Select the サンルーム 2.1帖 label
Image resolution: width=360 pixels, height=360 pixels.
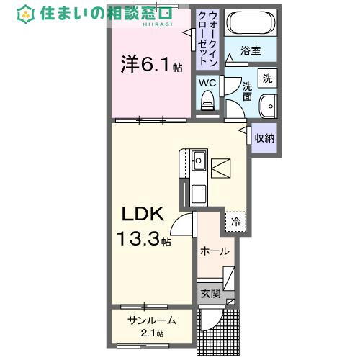pos(151,325)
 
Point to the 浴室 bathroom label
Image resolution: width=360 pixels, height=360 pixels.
pos(250,52)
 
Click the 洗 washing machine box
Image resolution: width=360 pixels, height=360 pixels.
pos(267,78)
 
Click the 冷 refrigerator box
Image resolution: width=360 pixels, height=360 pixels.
pos(235,222)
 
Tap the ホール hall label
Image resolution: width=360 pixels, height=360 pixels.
pos(214,251)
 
